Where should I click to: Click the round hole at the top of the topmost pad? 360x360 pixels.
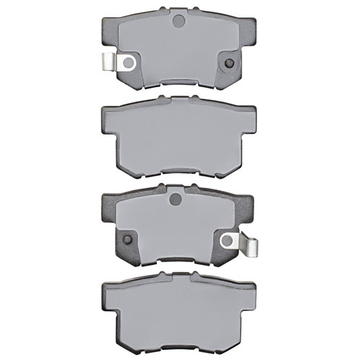tap(179, 21)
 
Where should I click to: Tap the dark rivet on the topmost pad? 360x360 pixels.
tap(229, 63)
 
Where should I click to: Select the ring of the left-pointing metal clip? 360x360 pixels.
tap(129, 63)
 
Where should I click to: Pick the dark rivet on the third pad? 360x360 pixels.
tap(128, 240)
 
